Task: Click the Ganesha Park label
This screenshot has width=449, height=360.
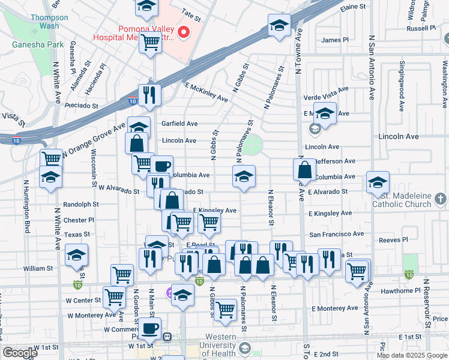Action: (29, 44)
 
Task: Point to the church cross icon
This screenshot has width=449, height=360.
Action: (441, 197)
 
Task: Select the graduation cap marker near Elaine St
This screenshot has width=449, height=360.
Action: (279, 25)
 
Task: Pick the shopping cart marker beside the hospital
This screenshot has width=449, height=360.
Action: (150, 42)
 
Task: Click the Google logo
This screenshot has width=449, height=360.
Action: (20, 353)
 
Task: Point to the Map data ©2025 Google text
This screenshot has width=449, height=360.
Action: (412, 355)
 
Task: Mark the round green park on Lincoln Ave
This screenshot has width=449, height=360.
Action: (253, 144)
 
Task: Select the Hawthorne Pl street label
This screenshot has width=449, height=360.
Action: (401, 291)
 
